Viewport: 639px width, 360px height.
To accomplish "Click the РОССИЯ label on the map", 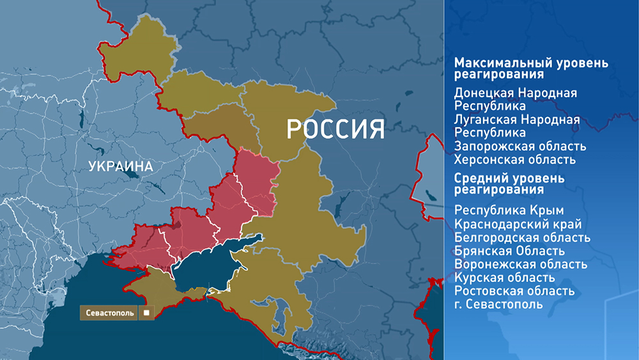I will [x=335, y=129].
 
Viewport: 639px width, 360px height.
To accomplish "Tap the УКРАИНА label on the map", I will [x=121, y=167].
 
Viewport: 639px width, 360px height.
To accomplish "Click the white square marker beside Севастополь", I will [x=146, y=313].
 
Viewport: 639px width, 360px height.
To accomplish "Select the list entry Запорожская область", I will [x=520, y=146].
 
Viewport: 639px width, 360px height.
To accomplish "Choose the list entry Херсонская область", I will [x=515, y=159].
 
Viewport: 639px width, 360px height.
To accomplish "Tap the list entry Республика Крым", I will [x=509, y=210].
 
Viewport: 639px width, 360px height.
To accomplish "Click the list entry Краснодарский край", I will [x=518, y=224].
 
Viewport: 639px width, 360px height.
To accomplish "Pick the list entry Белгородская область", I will [x=522, y=237].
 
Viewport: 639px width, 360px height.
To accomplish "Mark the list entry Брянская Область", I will [x=509, y=251].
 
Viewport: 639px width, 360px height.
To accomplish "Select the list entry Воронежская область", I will [x=521, y=264].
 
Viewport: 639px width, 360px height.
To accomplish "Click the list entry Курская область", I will [x=504, y=278].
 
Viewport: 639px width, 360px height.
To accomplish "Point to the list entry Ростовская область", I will [x=514, y=291].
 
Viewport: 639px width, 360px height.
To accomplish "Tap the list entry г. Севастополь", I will [x=498, y=304].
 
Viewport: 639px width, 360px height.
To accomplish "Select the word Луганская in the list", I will [x=485, y=120].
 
